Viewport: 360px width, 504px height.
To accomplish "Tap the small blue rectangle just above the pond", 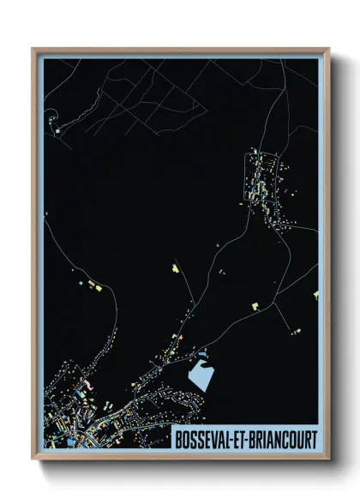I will coord(202,353).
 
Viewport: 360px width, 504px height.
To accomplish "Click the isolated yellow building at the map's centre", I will coord(174,270).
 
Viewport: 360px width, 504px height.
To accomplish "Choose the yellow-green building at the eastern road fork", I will coord(255,303).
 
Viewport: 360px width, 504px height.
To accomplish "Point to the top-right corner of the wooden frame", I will coord(328,49).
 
